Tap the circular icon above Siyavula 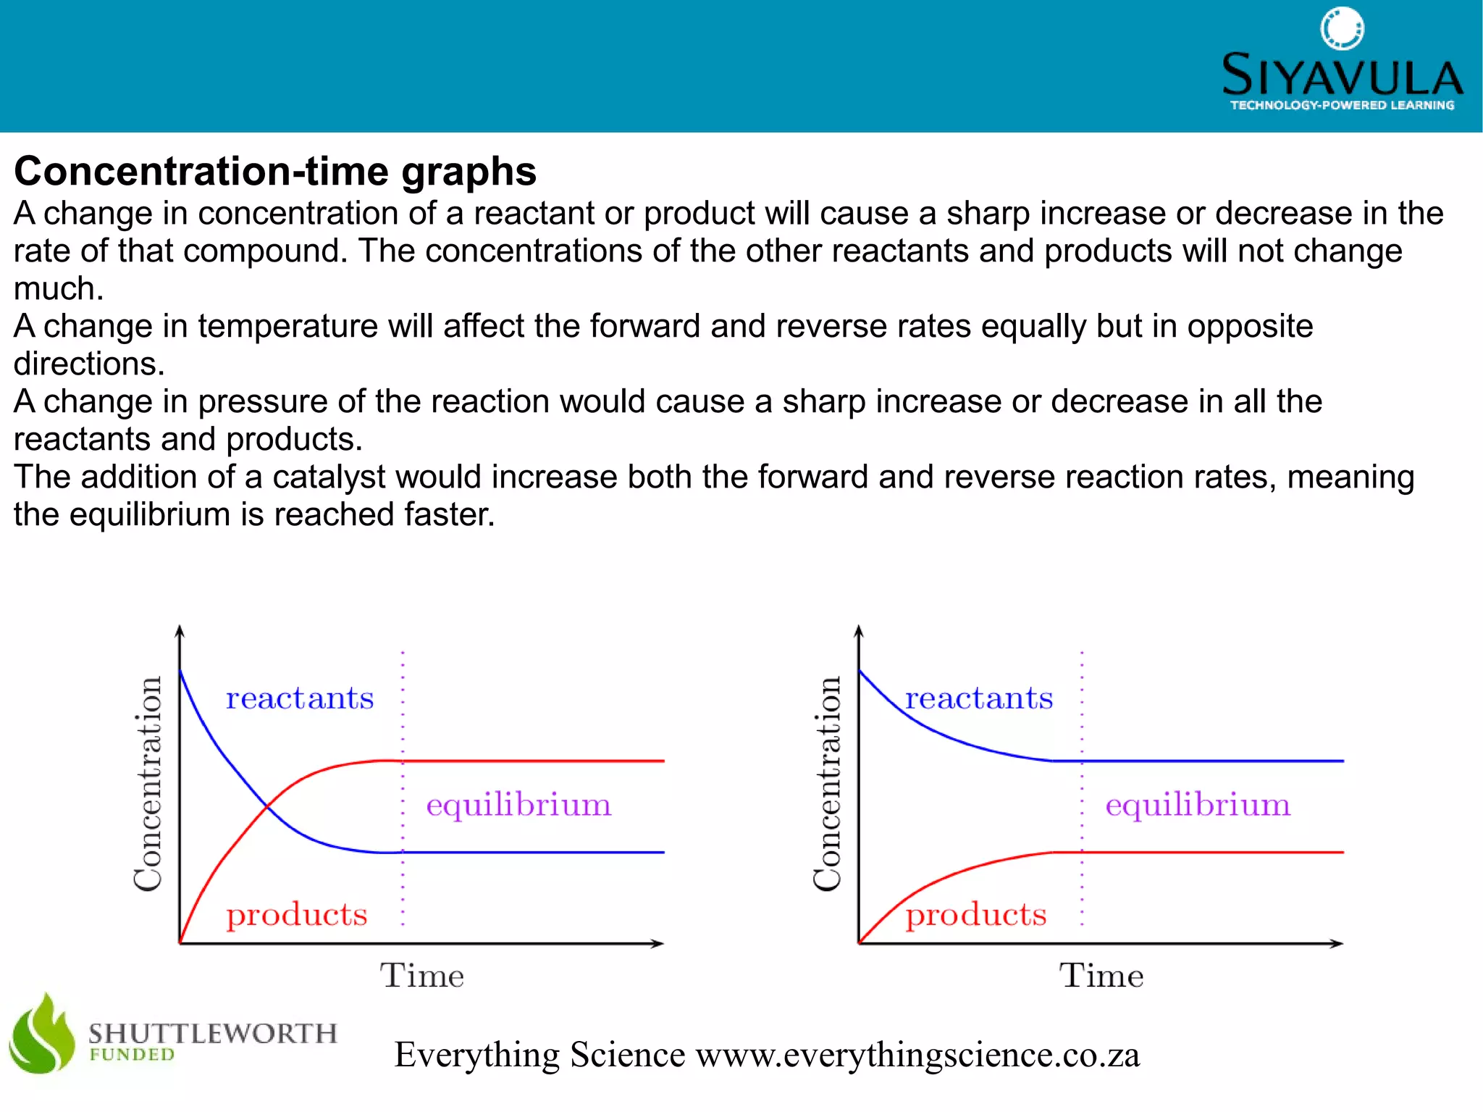point(1342,28)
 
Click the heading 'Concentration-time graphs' point(275,172)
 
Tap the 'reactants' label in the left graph point(300,698)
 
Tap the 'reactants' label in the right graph point(979,698)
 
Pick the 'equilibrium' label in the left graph point(518,806)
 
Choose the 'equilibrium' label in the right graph point(1198,806)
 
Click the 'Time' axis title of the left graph point(422,976)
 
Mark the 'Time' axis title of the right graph point(1101,976)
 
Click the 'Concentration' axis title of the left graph point(148,784)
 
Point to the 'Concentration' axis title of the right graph point(827,784)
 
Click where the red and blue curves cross point(267,806)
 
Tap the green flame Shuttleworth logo point(42,1034)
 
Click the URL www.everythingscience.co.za point(917,1055)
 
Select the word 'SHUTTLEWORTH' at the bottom point(213,1033)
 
